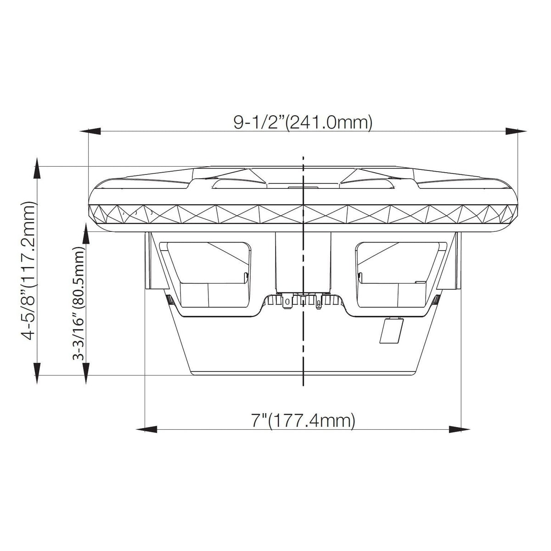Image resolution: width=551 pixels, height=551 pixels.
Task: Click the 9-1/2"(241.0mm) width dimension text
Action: pyautogui.click(x=303, y=123)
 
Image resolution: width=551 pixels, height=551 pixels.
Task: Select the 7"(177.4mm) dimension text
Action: pyautogui.click(x=303, y=420)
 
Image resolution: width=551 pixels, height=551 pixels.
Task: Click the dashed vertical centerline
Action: pyautogui.click(x=303, y=344)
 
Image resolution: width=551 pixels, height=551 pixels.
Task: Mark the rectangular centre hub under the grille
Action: pyautogui.click(x=302, y=262)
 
